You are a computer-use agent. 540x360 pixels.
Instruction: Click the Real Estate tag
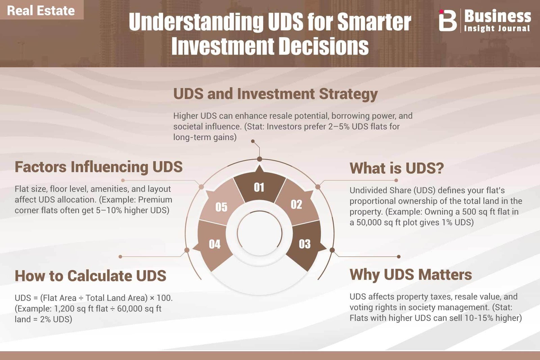click(42, 10)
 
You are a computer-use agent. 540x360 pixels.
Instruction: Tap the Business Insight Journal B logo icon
click(448, 21)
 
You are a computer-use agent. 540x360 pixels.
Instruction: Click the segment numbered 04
click(213, 245)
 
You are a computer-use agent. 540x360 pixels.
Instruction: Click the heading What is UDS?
click(397, 168)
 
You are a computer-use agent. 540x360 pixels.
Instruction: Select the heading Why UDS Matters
click(410, 275)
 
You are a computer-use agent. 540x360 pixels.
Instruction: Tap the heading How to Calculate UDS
click(90, 276)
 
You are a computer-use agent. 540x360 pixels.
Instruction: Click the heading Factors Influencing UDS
click(99, 167)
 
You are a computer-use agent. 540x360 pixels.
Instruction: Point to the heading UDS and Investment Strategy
click(275, 94)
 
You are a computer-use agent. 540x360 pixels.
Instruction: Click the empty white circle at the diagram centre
click(260, 233)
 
